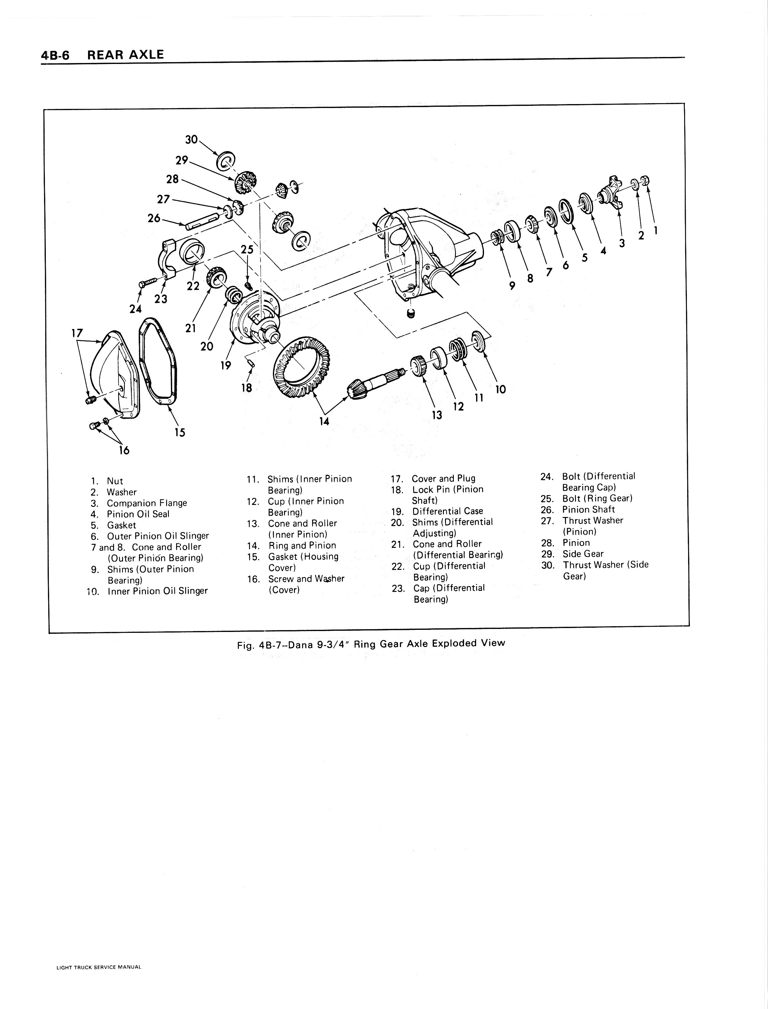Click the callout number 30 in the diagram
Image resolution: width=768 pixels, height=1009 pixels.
(x=191, y=139)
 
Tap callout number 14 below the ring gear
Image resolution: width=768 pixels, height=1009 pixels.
(x=324, y=421)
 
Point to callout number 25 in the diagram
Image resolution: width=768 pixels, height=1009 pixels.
(x=247, y=250)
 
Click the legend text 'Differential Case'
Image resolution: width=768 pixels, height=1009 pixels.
(x=447, y=511)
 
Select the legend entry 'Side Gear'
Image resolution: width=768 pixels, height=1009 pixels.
(x=583, y=554)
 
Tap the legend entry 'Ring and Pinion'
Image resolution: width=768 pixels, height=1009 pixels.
(x=302, y=545)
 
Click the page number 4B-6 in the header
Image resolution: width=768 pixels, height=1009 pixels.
(x=55, y=55)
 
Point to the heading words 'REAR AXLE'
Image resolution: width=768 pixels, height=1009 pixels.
(x=125, y=55)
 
